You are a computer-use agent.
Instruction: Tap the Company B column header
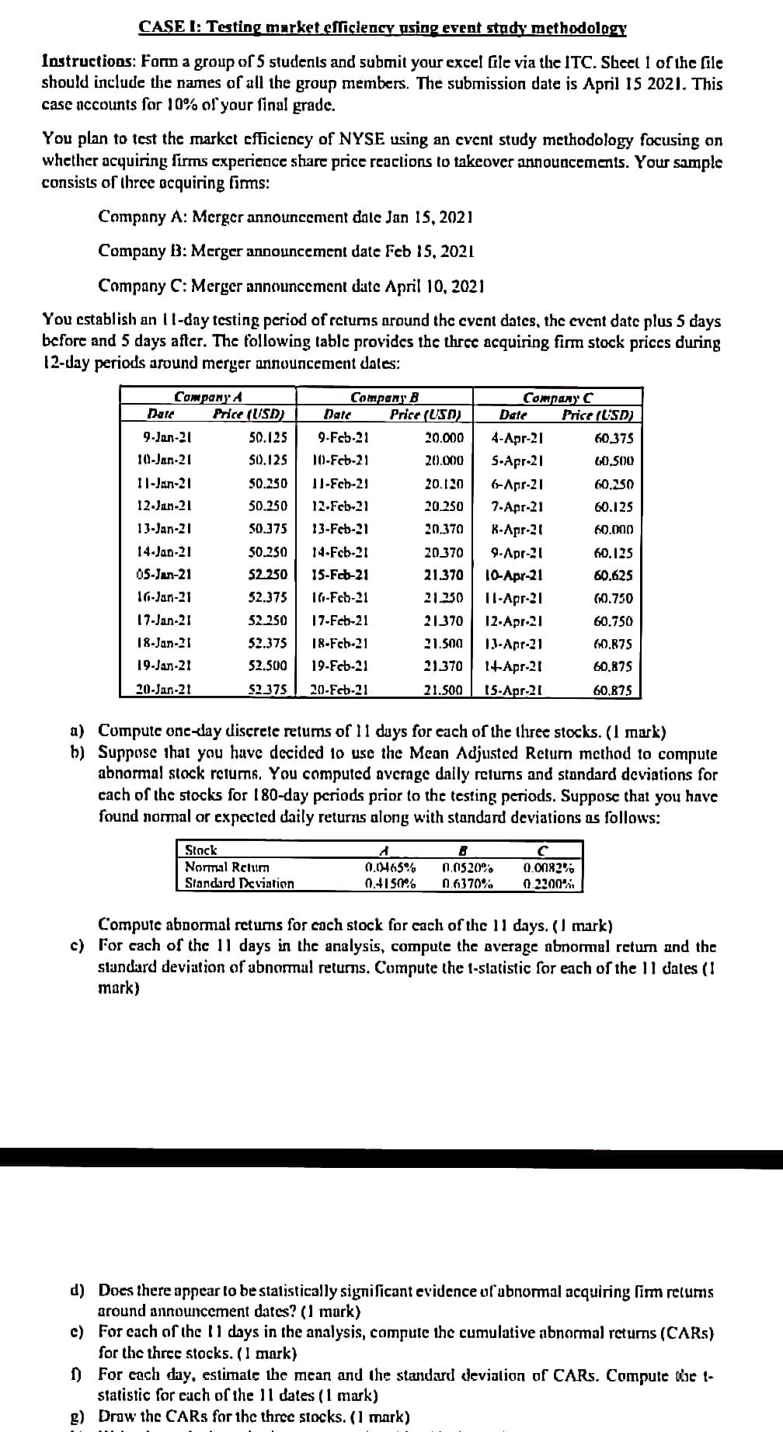(x=385, y=397)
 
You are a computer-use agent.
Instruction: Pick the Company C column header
(x=557, y=397)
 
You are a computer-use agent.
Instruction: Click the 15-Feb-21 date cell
(x=344, y=575)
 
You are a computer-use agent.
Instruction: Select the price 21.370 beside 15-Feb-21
(x=443, y=575)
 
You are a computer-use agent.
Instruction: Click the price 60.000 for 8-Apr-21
(x=613, y=530)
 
